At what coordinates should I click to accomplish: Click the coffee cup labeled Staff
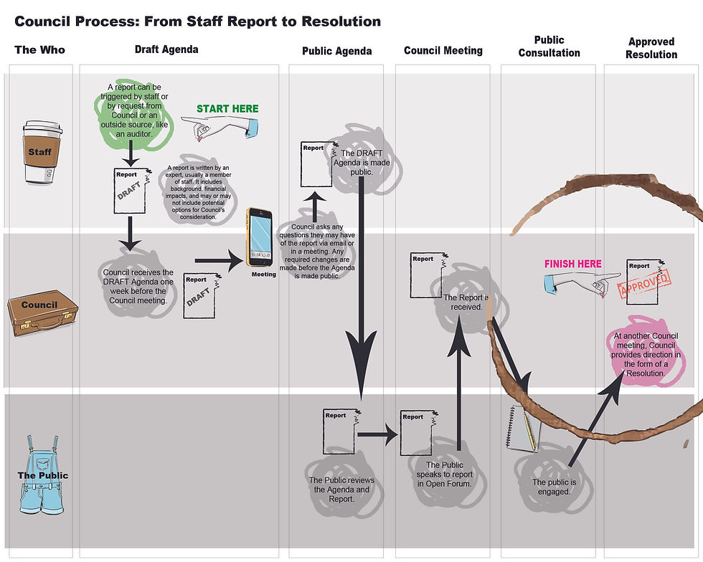[x=40, y=152]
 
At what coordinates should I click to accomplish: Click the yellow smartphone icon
[x=260, y=237]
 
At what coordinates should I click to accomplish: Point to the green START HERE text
[x=227, y=109]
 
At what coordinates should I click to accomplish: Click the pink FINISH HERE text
[x=572, y=264]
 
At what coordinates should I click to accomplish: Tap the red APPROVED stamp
[x=643, y=284]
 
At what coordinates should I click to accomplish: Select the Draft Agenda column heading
[x=166, y=49]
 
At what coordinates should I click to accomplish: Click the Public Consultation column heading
[x=549, y=46]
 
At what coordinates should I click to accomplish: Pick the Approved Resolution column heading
[x=651, y=48]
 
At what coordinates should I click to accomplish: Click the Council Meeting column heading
[x=443, y=50]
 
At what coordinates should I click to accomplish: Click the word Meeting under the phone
[x=264, y=275]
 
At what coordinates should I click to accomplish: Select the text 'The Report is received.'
[x=466, y=302]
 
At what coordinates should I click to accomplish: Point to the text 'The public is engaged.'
[x=551, y=487]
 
